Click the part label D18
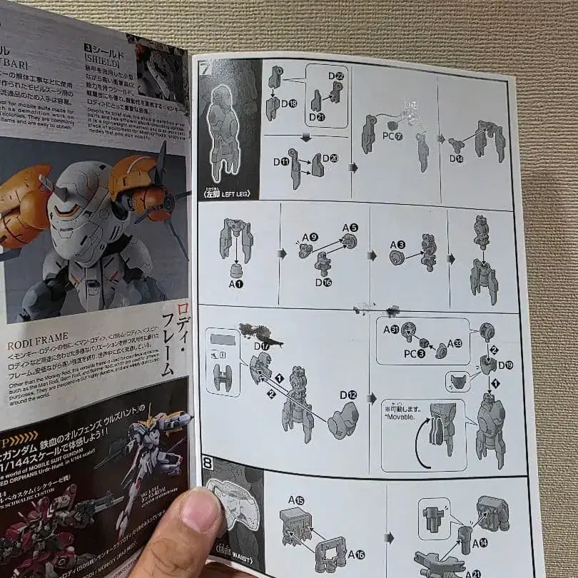[x=289, y=104]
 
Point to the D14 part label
[x=456, y=158]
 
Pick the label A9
[x=306, y=237]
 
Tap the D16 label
[x=323, y=282]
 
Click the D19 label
[x=506, y=365]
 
